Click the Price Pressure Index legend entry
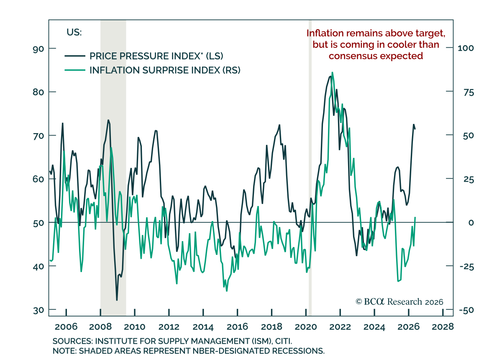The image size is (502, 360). (144, 56)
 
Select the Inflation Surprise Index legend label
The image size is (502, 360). (165, 70)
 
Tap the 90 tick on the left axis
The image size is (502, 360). (38, 49)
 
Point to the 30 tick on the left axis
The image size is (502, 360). (38, 310)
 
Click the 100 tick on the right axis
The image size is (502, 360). (466, 48)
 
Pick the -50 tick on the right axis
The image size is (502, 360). (466, 310)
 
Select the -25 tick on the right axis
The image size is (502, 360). (467, 267)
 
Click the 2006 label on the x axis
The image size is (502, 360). (66, 327)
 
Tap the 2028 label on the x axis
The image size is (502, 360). (443, 327)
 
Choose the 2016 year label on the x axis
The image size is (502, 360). (237, 327)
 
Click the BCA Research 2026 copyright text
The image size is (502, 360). (400, 302)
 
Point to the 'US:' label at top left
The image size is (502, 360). (74, 33)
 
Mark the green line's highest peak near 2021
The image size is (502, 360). (332, 72)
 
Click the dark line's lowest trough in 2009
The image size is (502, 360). (117, 300)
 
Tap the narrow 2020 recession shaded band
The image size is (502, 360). (310, 168)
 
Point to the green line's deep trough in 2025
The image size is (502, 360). (398, 281)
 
